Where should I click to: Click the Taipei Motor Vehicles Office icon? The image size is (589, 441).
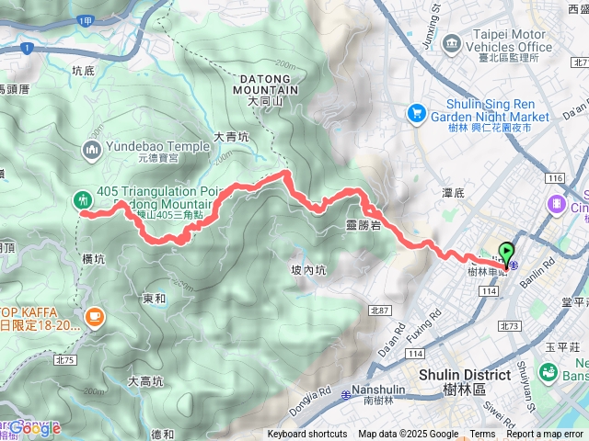451,43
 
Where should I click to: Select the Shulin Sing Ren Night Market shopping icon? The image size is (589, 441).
416,112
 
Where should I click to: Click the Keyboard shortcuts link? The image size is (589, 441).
307,435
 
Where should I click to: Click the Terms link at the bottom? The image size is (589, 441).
482,435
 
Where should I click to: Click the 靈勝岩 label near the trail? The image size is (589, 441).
364,224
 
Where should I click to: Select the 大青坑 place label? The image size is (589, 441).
231,137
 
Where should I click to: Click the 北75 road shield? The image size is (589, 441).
64,334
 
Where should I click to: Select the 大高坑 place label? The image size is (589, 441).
145,381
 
